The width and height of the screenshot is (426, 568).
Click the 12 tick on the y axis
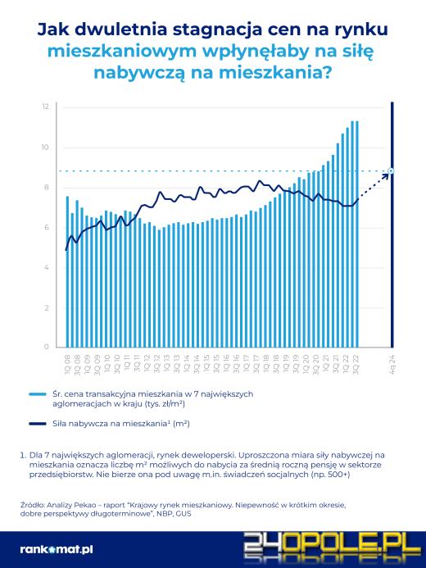(47, 107)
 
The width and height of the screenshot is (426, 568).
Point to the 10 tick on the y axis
(47, 148)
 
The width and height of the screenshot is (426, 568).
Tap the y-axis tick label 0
(48, 348)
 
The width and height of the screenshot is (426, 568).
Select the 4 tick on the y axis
(48, 268)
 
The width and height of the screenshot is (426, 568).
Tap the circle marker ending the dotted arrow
(392, 171)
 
